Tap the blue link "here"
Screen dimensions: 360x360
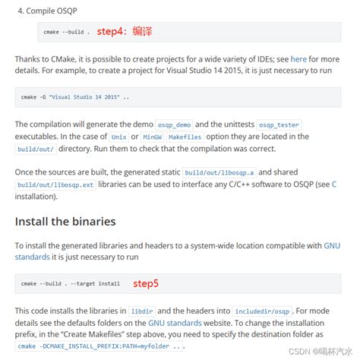[298, 58]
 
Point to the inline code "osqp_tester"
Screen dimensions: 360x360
[279, 124]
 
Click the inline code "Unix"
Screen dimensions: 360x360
[119, 137]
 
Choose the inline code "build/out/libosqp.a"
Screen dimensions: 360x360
[219, 172]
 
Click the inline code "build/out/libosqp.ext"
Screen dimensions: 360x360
[47, 185]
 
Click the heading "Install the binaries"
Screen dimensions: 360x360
[65, 222]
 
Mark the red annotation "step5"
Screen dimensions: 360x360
[146, 283]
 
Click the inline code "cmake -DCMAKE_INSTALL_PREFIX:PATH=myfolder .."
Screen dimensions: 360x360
[99, 346]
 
